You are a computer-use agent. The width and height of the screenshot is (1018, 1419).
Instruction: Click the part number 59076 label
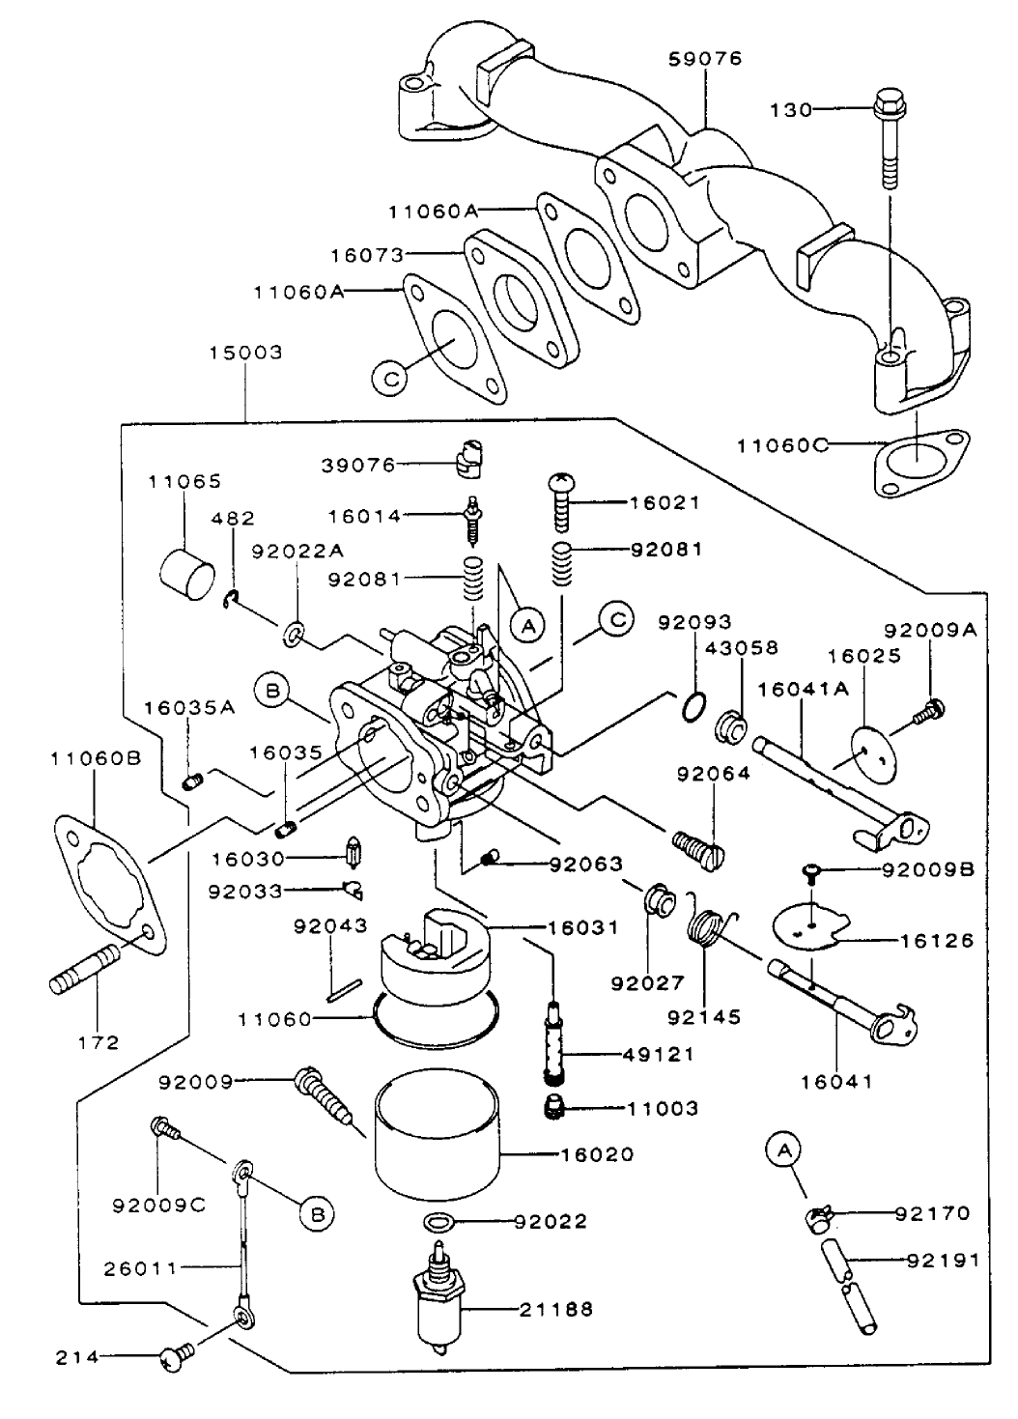coord(705,59)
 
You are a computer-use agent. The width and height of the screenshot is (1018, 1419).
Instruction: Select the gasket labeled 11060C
coord(918,468)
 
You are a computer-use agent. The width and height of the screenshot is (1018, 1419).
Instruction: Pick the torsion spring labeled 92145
coord(710,932)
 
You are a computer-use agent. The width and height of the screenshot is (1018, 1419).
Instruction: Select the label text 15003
coord(246,353)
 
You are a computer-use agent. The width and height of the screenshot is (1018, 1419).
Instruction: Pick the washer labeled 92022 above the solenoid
coord(439,1222)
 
